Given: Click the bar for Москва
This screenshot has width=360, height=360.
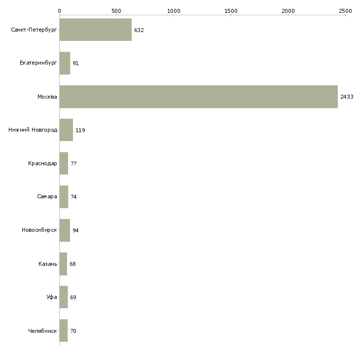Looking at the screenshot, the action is [199, 97].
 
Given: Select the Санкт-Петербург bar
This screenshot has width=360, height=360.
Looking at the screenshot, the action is [96, 30].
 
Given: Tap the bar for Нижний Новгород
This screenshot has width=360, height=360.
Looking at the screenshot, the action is [66, 130].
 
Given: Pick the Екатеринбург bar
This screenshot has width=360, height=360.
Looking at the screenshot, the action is [65, 63].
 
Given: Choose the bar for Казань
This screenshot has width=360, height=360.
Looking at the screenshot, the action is [63, 264].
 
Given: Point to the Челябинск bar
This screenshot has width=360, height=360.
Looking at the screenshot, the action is [63, 330].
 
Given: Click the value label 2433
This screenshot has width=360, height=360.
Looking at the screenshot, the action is [347, 97].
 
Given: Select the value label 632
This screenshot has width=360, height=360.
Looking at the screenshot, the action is [139, 30].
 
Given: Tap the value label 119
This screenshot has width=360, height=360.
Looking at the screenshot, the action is [80, 130].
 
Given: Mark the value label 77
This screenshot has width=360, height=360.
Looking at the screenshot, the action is [73, 164].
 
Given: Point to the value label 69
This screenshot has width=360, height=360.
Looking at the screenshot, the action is [73, 297].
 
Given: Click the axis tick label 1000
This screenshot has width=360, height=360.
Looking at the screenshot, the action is [174, 11].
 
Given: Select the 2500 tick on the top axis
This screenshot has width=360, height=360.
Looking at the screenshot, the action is [345, 11].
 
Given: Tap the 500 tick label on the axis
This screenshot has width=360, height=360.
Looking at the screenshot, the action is [116, 11].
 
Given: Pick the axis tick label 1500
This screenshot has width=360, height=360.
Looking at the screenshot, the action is [231, 11].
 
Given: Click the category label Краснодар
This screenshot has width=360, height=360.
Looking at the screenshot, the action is [42, 163].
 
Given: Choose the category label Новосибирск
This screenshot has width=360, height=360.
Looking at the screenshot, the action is [39, 230].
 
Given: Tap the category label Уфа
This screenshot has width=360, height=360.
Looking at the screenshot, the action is [52, 297].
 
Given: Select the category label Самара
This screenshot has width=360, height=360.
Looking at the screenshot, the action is [47, 197].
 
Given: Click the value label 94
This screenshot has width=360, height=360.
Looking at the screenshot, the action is [75, 230].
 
